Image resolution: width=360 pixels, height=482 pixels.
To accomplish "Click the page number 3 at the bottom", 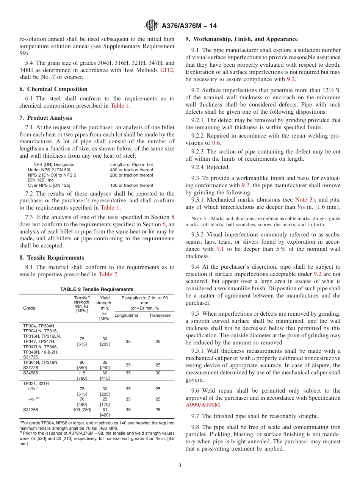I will (x=180, y=466).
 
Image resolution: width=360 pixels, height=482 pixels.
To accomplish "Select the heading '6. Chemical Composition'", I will (x=53, y=89).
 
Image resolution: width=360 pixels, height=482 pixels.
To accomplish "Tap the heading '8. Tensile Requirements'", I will (x=52, y=258).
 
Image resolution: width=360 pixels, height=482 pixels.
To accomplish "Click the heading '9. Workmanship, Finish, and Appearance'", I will (x=241, y=39).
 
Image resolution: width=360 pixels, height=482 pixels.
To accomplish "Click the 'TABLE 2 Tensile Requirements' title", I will (x=97, y=289).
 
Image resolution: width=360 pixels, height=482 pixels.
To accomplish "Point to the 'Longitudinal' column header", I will (x=126, y=315).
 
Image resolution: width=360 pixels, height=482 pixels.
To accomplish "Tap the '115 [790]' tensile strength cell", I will (x=82, y=376).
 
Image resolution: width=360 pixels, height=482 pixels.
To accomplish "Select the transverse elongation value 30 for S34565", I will (x=158, y=373).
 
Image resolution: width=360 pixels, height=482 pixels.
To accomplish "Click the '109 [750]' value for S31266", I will (x=82, y=410).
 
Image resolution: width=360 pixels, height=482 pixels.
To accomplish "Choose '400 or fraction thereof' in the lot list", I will (x=131, y=170).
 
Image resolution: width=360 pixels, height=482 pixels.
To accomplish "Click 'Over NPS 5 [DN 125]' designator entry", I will (x=49, y=185).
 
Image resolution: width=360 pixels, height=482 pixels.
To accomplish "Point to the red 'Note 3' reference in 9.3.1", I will (x=301, y=200).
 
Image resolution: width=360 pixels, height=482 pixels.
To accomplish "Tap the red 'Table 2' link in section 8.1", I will (x=108, y=274).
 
